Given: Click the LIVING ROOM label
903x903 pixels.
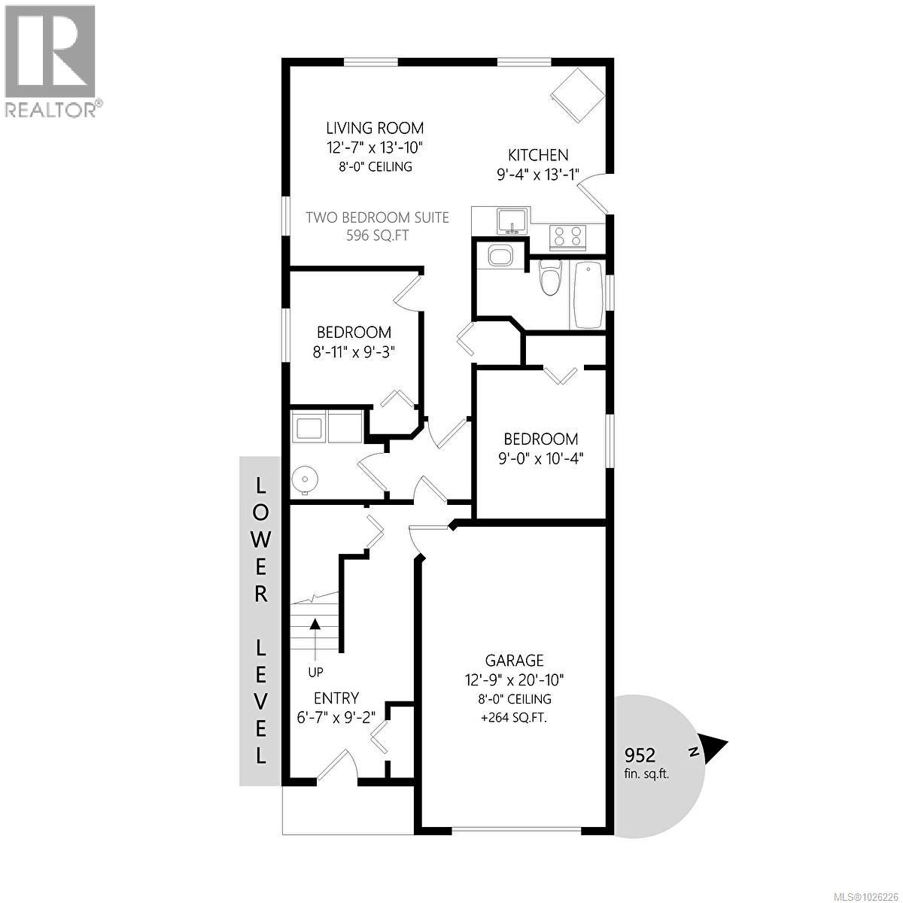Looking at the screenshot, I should [374, 128].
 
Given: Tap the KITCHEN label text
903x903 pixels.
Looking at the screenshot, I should [538, 155].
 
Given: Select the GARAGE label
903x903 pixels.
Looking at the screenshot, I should [514, 660].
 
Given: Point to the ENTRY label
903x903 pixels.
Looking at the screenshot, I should [336, 698].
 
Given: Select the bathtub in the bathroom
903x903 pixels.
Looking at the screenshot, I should [587, 293].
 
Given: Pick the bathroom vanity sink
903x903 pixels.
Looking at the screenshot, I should [499, 257].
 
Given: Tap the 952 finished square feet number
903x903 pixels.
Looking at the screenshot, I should [641, 755].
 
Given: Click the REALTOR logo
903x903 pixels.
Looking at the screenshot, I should [50, 60].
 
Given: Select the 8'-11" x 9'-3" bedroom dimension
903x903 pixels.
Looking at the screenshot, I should [354, 351].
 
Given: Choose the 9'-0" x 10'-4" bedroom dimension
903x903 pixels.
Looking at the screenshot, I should [541, 458].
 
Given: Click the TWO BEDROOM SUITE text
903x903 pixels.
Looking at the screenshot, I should [377, 217].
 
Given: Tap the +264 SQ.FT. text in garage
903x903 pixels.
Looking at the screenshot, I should [514, 717].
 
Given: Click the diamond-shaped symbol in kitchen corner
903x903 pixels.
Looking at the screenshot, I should [578, 95].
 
